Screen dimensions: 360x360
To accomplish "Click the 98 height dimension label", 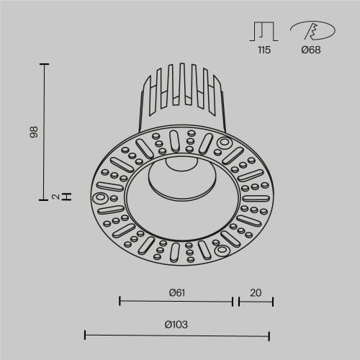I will [x=32, y=132].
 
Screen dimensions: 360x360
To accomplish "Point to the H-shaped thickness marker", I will [x=66, y=195].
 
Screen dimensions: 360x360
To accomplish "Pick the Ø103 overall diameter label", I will [x=176, y=325].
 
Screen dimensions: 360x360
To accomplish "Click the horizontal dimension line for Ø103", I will [x=177, y=335].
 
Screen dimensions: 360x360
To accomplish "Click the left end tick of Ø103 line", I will [x=86, y=335].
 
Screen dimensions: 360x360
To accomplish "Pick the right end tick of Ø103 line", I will [x=269, y=335].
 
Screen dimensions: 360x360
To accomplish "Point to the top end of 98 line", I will [x=45, y=64].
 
